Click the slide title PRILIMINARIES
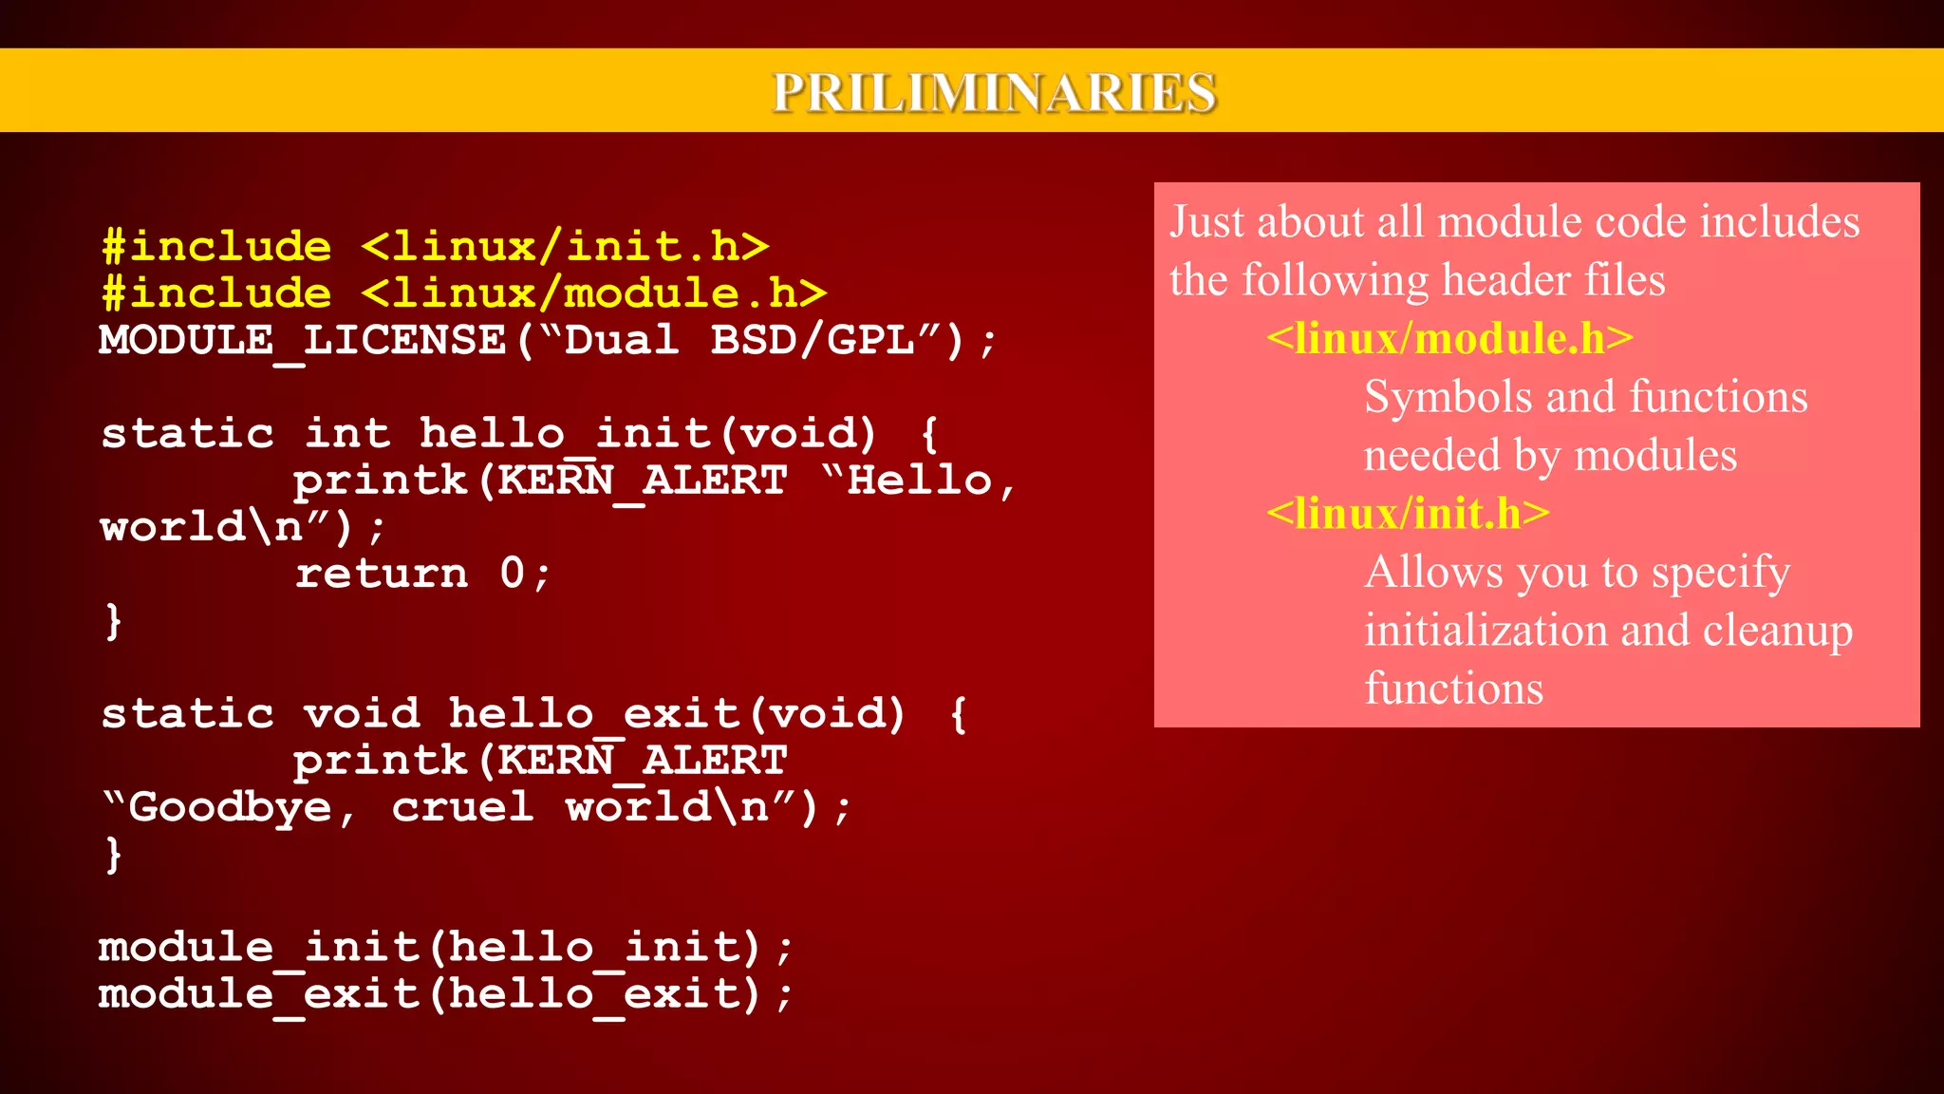pos(994,92)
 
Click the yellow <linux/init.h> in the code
pos(565,247)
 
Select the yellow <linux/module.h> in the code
pos(593,293)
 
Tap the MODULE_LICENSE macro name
pos(303,340)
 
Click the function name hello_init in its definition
pos(565,434)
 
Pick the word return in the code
pos(382,574)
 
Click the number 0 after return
pos(512,574)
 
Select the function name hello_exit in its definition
pos(593,714)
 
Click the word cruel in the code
pos(462,808)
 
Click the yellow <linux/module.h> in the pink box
pos(1449,339)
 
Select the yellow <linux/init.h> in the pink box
pos(1408,514)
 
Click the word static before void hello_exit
pos(187,714)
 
